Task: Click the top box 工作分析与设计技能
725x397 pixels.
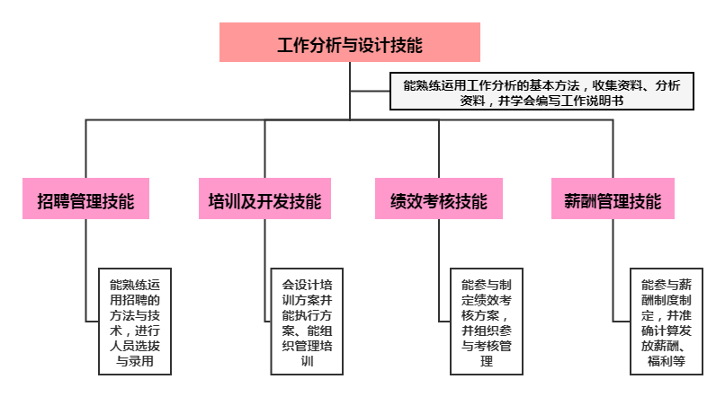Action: (349, 42)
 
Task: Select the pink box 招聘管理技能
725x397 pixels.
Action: (85, 199)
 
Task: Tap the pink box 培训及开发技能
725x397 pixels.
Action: (264, 199)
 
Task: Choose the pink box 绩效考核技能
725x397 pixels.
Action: (439, 199)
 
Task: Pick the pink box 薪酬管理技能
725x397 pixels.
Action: (613, 199)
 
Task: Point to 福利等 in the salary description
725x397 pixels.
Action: (667, 362)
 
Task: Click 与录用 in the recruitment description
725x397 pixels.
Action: (135, 362)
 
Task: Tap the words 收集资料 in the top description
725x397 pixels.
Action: (616, 85)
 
